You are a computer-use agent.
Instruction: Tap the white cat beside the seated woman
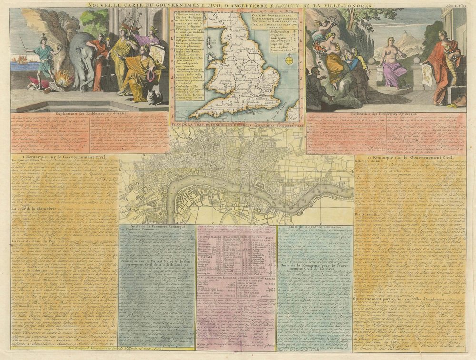pos(153,97)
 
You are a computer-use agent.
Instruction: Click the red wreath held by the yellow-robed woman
pos(152,76)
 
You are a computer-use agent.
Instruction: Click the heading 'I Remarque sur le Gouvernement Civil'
pos(64,156)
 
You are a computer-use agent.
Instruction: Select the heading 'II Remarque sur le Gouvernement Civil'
pos(410,155)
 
